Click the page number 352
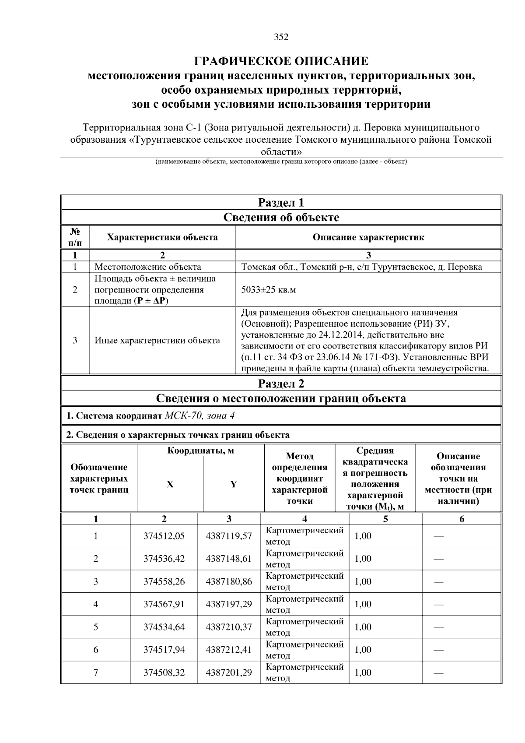281,37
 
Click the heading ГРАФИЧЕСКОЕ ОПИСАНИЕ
281,61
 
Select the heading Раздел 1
281,202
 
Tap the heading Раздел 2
281,384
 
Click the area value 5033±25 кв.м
269,290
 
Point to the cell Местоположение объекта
148,267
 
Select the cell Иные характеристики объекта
157,340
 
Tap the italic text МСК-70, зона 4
199,416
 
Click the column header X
170,484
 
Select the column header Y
234,484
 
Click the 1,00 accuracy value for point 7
363,672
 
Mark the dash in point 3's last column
438,582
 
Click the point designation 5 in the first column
96,627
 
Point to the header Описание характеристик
368,237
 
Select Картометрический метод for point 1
304,536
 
